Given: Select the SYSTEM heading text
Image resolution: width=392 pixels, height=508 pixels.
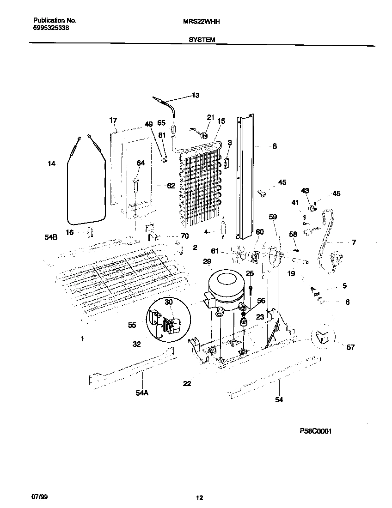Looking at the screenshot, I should click(x=202, y=40).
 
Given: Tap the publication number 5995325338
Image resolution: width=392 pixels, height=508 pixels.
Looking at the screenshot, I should click(x=51, y=28).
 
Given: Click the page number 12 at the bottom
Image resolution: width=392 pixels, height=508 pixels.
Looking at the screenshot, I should click(x=199, y=497).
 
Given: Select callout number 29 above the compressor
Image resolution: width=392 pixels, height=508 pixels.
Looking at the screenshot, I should click(x=207, y=262).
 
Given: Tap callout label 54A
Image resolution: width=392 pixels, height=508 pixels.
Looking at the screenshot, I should click(x=143, y=393).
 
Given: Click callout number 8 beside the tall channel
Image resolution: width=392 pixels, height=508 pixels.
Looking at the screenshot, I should click(x=275, y=146).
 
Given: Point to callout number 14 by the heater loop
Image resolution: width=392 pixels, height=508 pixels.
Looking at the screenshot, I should click(x=52, y=163).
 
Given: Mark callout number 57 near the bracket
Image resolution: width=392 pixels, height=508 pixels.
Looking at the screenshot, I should click(x=350, y=347).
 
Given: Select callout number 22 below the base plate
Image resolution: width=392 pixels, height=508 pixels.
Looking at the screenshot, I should click(x=187, y=383).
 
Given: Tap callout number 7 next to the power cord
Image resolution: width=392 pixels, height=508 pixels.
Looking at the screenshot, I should click(x=354, y=242).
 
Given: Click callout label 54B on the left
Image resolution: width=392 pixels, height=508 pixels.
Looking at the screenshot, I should click(x=51, y=237).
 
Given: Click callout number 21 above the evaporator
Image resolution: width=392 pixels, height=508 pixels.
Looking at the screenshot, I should click(x=211, y=118).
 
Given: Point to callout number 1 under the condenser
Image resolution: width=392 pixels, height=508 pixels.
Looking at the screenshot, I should click(x=82, y=339).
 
